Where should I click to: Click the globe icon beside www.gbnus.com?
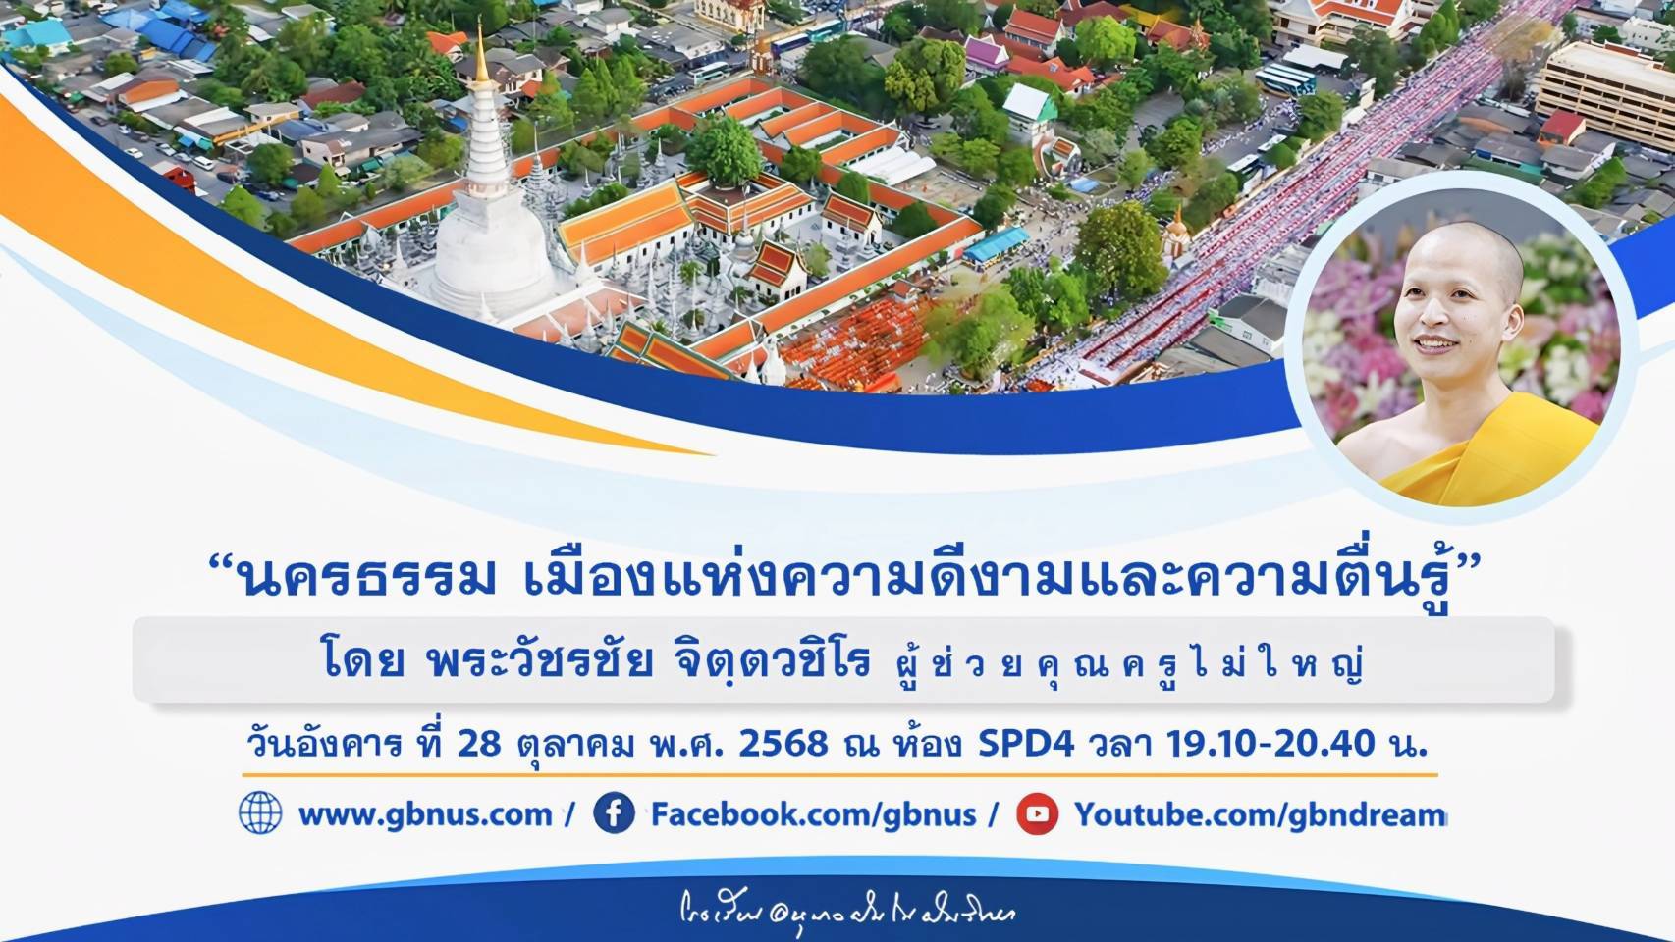pos(260,813)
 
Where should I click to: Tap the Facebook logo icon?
pos(615,813)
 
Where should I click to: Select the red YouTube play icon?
pos(1037,813)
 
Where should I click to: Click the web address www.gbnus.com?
pos(424,814)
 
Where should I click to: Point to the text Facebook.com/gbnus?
pos(813,814)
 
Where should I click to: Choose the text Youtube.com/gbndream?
pos(1260,814)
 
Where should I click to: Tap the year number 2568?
pos(783,744)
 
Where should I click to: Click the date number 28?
pos(479,744)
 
